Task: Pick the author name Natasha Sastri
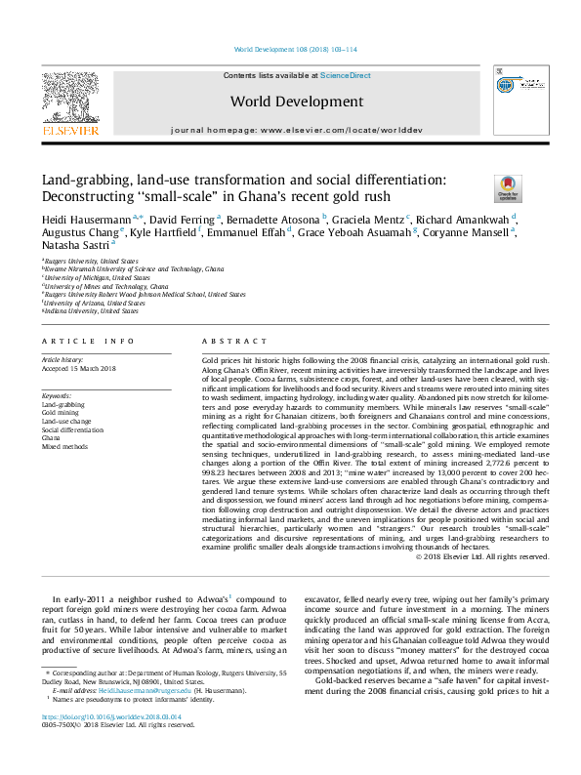[x=70, y=247]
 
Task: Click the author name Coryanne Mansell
[x=477, y=232]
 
